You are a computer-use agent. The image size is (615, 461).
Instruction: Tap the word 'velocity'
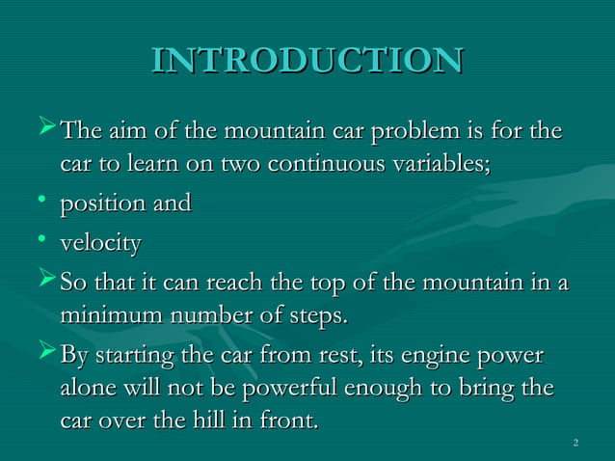pos(100,244)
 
